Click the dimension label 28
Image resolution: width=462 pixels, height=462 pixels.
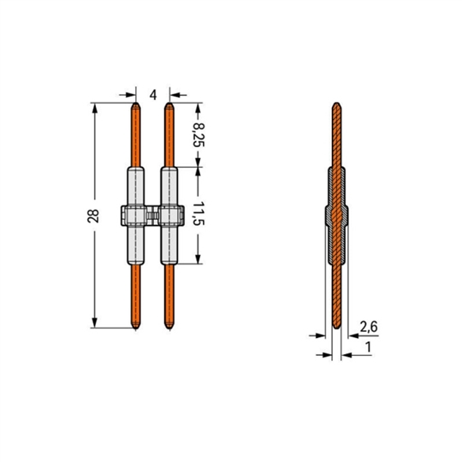pos(93,216)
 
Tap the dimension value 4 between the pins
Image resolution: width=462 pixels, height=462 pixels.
pos(153,95)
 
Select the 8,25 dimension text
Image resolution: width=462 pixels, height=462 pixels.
pos(198,135)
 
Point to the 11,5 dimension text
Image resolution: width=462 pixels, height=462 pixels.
pos(198,214)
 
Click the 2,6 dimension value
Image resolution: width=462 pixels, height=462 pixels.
pos(368,327)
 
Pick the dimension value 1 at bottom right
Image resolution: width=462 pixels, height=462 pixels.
pos(368,347)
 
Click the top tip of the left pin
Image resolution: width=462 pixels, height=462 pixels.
pos(135,103)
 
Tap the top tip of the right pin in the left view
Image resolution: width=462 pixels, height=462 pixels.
pos(169,103)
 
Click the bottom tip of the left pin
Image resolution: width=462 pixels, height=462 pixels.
pos(135,329)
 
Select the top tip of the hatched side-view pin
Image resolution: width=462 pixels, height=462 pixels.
pos(337,103)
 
